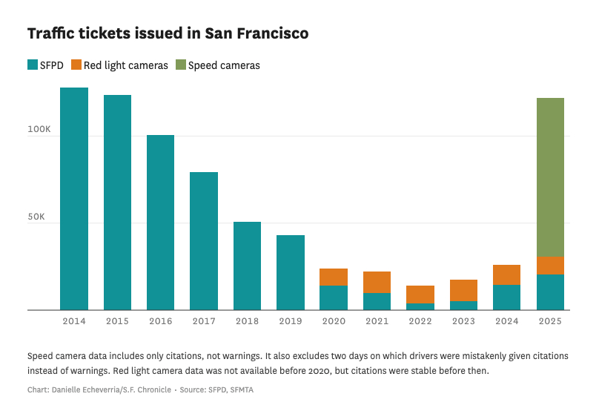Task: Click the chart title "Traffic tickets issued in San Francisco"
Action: point(168,34)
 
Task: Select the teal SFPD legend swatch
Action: point(32,65)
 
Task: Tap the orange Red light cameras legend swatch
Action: point(76,65)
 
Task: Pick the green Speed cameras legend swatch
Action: point(181,65)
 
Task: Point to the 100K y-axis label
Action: point(39,130)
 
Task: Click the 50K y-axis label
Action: point(41,217)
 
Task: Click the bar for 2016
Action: point(160,223)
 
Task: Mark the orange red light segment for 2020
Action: point(334,277)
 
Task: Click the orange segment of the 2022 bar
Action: point(420,295)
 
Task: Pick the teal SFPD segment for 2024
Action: point(506,297)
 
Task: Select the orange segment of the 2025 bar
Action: point(550,266)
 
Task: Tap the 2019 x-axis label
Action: point(291,321)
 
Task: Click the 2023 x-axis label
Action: point(463,321)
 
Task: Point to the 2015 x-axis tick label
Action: point(117,321)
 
